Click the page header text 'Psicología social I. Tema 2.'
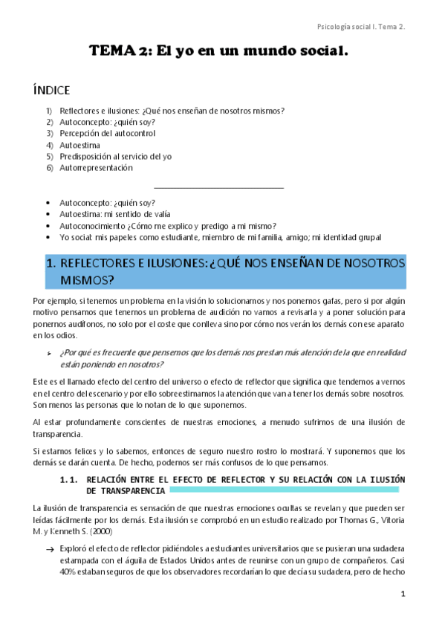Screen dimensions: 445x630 pyautogui.click(x=361, y=27)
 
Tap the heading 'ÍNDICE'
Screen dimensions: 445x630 pyautogui.click(x=51, y=91)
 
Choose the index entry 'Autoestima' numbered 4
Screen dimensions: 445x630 pyautogui.click(x=79, y=145)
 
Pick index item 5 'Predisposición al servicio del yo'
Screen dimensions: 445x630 pyautogui.click(x=115, y=157)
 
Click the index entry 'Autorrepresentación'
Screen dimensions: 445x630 pyautogui.click(x=96, y=168)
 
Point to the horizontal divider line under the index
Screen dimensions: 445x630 pyautogui.click(x=218, y=188)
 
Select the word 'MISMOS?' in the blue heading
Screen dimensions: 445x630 pyautogui.click(x=87, y=280)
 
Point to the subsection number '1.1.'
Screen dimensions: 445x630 pyautogui.click(x=69, y=480)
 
